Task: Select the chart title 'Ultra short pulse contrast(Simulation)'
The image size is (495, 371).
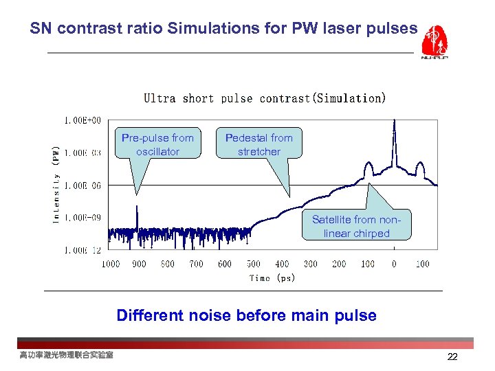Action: point(265,98)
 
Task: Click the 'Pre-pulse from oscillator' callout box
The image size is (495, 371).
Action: point(157,144)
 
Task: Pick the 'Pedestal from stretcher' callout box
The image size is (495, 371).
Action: point(258,144)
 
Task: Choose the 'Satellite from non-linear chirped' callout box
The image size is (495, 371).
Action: point(356,227)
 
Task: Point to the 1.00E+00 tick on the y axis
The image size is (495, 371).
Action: point(82,120)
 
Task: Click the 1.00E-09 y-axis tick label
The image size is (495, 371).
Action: point(82,218)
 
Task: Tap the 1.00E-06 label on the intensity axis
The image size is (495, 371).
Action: point(82,185)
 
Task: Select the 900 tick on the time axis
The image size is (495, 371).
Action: point(139,264)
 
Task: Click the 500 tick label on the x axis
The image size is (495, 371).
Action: point(253,264)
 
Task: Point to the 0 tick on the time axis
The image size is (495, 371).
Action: point(394,264)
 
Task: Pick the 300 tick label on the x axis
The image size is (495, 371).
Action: point(310,264)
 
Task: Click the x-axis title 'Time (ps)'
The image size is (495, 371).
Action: point(272,278)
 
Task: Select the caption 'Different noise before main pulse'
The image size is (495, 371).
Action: point(246,315)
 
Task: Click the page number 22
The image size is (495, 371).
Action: point(452,357)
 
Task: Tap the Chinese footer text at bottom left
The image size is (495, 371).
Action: point(66,355)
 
